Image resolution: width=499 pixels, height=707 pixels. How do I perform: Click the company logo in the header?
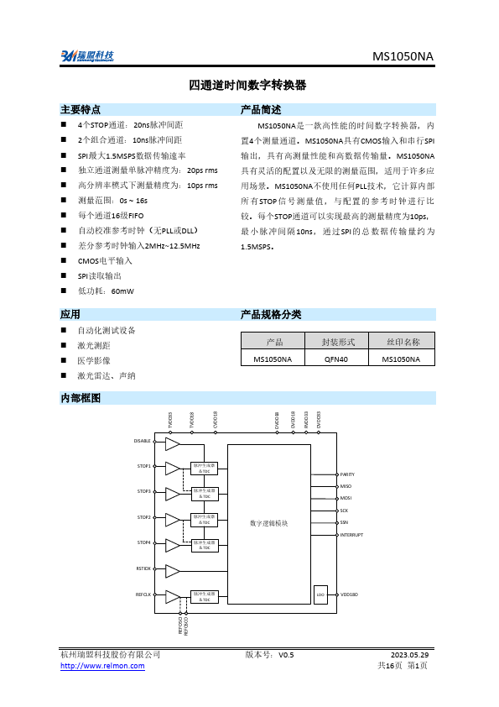coord(87,55)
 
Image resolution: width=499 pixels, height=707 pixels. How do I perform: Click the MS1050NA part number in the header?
coord(403,56)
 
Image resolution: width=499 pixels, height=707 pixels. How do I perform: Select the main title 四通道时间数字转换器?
coord(248,86)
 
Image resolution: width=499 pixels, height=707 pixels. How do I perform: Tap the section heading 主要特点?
coord(81,110)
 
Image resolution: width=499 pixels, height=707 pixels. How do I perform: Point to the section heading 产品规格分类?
coord(270,314)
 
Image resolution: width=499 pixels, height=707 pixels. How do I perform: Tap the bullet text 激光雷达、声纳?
coord(107,375)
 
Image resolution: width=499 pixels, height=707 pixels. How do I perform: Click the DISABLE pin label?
coord(143,441)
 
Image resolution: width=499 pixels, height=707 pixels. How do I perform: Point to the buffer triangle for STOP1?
coord(172,467)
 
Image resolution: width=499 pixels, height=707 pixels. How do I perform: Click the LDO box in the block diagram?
coord(320,594)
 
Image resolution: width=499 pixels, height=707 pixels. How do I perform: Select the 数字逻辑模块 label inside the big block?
coord(268,522)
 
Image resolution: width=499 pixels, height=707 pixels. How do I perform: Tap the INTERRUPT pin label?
coord(351,535)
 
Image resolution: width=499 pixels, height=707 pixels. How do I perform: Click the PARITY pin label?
coord(348,474)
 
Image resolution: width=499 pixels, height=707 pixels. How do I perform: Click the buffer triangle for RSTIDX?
coord(172,571)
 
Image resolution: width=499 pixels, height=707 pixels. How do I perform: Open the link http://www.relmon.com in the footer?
coord(102,666)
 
